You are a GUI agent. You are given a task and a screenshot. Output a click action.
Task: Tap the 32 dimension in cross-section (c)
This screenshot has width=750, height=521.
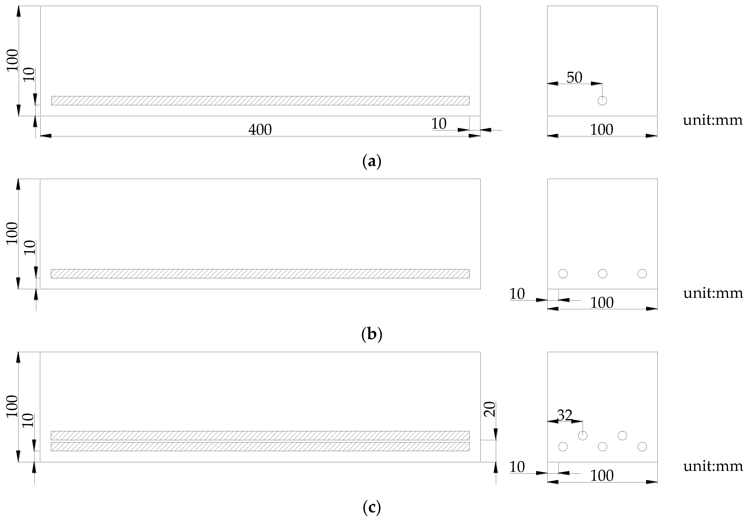pyautogui.click(x=565, y=415)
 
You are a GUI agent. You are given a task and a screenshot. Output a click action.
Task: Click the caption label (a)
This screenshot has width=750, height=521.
pyautogui.click(x=372, y=161)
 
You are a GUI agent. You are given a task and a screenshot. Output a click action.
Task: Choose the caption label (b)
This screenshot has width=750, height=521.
pyautogui.click(x=372, y=334)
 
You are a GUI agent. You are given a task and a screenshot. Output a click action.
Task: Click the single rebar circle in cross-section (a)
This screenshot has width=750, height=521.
pyautogui.click(x=602, y=100)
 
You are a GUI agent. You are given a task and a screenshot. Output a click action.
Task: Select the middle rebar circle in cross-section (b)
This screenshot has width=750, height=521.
pyautogui.click(x=603, y=273)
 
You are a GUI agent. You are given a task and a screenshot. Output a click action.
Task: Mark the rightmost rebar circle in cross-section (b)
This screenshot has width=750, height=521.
pyautogui.click(x=642, y=273)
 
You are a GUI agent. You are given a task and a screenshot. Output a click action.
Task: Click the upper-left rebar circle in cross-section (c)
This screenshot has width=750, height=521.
pyautogui.click(x=583, y=435)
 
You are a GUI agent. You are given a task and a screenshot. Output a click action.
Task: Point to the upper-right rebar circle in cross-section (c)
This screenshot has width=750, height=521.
pyautogui.click(x=622, y=435)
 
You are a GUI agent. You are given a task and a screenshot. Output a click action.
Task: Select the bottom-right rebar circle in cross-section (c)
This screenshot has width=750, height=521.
pyautogui.click(x=642, y=447)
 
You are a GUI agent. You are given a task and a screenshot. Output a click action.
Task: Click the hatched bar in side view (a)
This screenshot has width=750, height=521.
pyautogui.click(x=260, y=100)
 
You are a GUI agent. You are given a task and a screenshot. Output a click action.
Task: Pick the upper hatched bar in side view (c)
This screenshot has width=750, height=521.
pyautogui.click(x=260, y=435)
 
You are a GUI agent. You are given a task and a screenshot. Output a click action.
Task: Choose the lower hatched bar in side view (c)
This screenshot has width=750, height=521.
pyautogui.click(x=260, y=447)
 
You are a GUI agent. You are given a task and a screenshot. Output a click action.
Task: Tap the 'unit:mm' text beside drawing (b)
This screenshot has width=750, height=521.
pyautogui.click(x=713, y=293)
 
